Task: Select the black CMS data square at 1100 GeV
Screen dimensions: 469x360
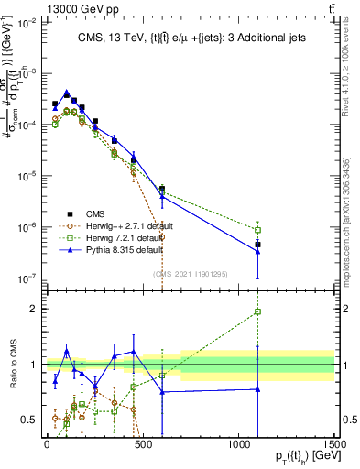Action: pyautogui.click(x=258, y=245)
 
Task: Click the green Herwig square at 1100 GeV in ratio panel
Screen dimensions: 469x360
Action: pyautogui.click(x=258, y=311)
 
